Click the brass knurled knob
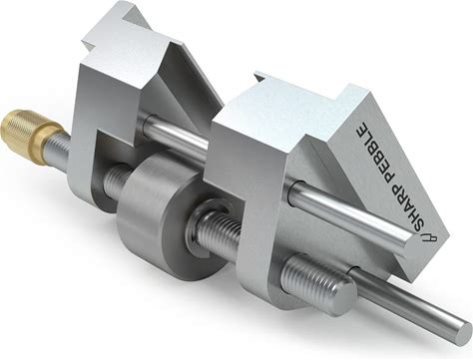(x=29, y=132)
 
